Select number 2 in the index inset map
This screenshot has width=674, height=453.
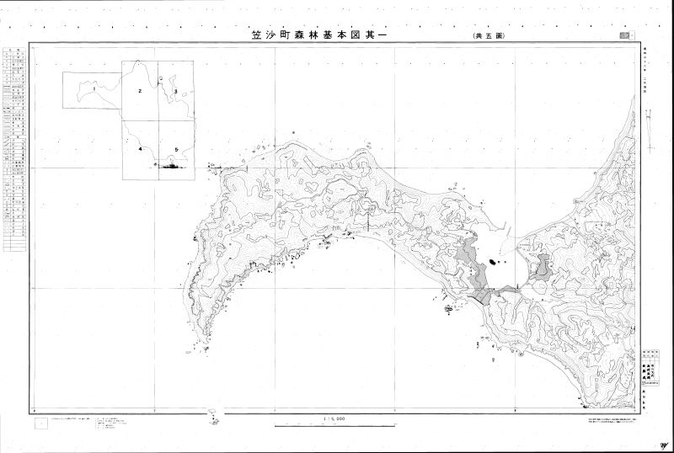coord(139,89)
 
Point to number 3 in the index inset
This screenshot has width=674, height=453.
coord(175,90)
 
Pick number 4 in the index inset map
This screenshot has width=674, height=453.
coord(141,149)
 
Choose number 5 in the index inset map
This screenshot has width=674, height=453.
coord(176,149)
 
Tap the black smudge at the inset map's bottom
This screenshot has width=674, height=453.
coord(172,167)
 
